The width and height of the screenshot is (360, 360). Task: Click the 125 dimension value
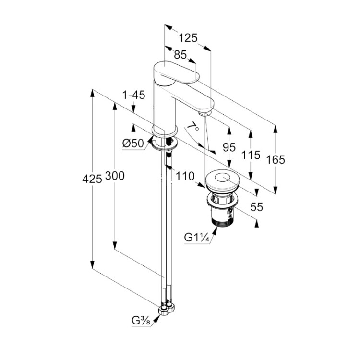tap(188, 38)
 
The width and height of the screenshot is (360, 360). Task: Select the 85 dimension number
tap(180, 55)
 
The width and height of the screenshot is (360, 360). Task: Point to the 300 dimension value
tap(115, 176)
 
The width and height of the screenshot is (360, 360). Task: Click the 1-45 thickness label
tap(133, 95)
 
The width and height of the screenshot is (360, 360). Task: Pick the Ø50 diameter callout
tap(133, 143)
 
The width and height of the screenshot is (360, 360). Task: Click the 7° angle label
tap(192, 128)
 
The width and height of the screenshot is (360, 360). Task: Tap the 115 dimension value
tap(251, 155)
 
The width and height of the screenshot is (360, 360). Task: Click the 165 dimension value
tap(276, 159)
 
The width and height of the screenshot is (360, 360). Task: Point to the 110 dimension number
tap(184, 177)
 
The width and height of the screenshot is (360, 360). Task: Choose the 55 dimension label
tap(257, 207)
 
